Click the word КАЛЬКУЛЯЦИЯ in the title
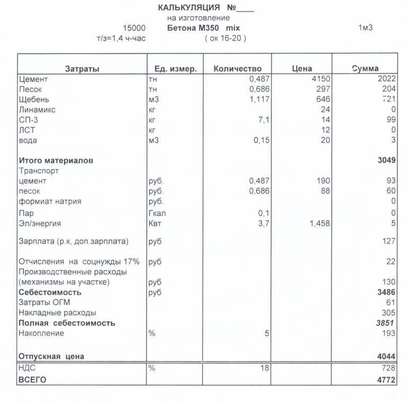pyautogui.click(x=189, y=7)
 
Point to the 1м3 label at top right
pyautogui.click(x=365, y=28)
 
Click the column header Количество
pyautogui.click(x=237, y=69)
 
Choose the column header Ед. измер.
pyautogui.click(x=175, y=69)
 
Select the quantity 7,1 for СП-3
pyautogui.click(x=264, y=120)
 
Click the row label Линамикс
pyautogui.click(x=37, y=110)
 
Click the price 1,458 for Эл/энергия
pyautogui.click(x=319, y=224)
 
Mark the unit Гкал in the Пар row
pyautogui.click(x=157, y=213)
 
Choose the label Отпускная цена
pyautogui.click(x=51, y=356)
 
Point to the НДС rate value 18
pyautogui.click(x=265, y=368)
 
